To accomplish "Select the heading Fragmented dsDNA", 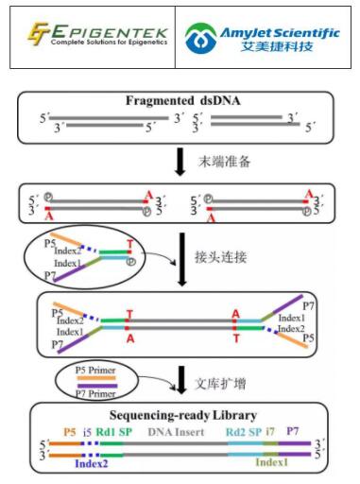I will (x=179, y=101).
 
